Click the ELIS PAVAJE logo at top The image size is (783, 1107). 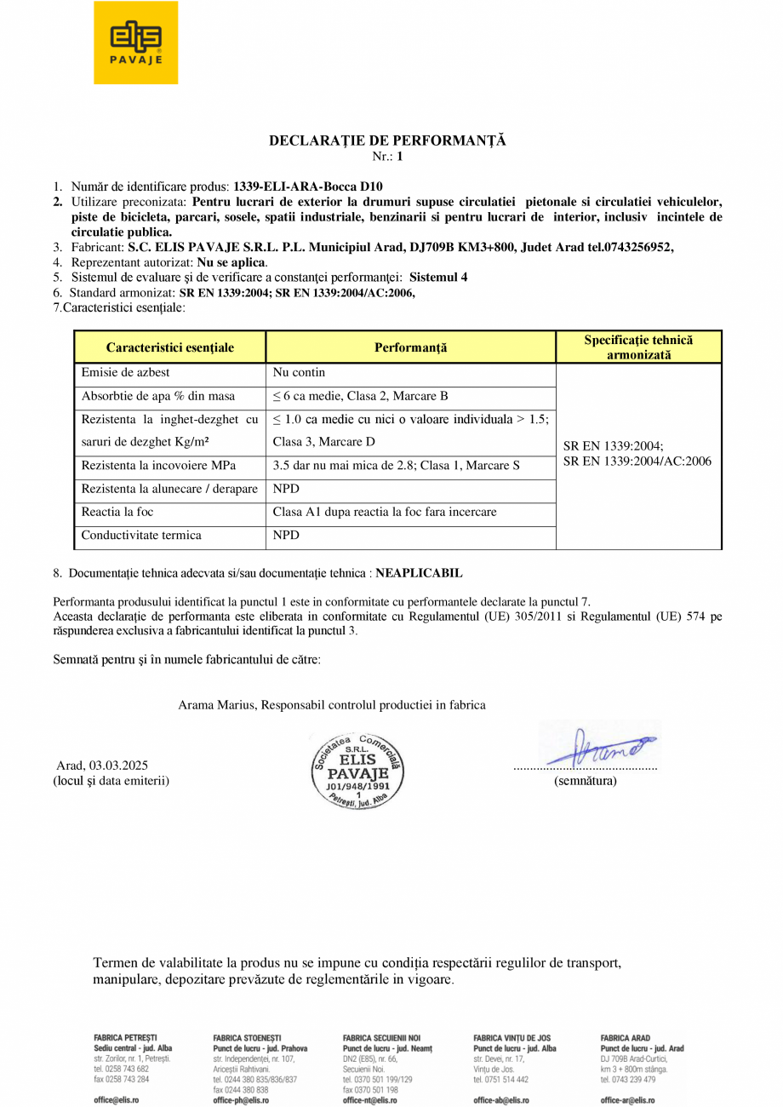pyautogui.click(x=136, y=43)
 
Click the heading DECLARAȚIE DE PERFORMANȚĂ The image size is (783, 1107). pyautogui.click(x=387, y=141)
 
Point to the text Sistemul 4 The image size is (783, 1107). pyautogui.click(x=438, y=277)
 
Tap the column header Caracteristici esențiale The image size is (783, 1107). pyautogui.click(x=170, y=347)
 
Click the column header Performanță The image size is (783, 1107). pyautogui.click(x=410, y=347)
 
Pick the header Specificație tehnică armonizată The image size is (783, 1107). pyautogui.click(x=638, y=347)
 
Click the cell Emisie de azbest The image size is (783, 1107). pyautogui.click(x=125, y=373)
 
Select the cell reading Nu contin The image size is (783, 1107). pyautogui.click(x=299, y=373)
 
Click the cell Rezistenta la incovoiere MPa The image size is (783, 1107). pyautogui.click(x=158, y=466)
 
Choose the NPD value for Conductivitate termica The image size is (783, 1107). pyautogui.click(x=286, y=536)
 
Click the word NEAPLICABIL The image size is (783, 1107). pyautogui.click(x=420, y=573)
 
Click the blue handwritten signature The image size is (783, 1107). pyautogui.click(x=600, y=748)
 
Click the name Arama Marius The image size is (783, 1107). pyautogui.click(x=217, y=705)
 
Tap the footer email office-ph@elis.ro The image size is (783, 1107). pyautogui.click(x=241, y=1100)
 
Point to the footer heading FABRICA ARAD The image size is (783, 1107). pyautogui.click(x=625, y=1038)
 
